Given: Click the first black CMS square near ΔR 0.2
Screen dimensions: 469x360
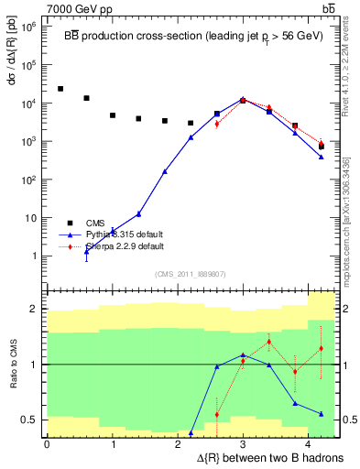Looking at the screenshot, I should pyautogui.click(x=60, y=89).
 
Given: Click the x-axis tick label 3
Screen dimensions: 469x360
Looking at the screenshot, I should pyautogui.click(x=242, y=444).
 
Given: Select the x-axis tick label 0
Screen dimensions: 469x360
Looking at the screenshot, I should pyautogui.click(x=47, y=444).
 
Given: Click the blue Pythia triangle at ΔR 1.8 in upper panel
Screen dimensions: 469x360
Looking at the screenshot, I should pyautogui.click(x=165, y=171).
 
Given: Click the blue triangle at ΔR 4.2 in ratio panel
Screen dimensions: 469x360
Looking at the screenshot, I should pyautogui.click(x=322, y=414).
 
